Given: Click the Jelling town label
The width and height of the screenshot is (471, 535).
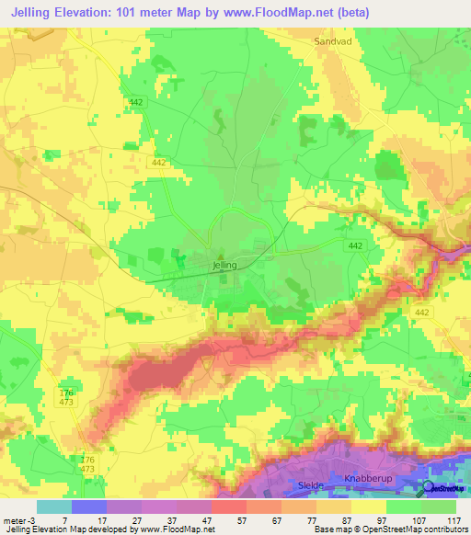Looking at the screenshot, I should coord(224,265).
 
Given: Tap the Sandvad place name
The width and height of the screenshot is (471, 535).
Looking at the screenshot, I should coord(333,41).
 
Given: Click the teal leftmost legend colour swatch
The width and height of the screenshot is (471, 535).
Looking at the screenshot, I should coord(53,506).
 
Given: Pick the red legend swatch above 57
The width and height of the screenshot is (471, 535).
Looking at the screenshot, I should coord(227,506).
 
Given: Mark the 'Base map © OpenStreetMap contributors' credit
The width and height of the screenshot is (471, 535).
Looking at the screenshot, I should coord(390,529).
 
